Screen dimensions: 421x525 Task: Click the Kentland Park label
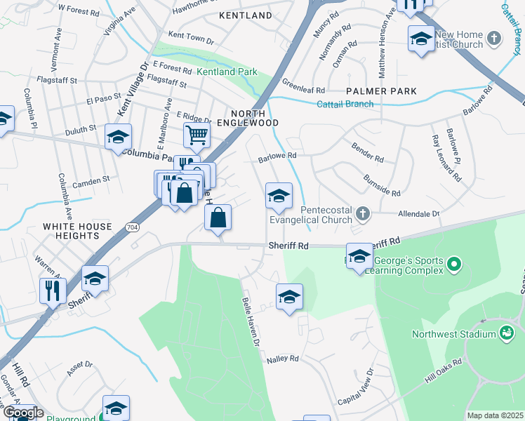(227, 72)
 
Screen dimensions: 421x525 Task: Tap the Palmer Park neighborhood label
(381, 91)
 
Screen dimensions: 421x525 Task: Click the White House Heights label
(77, 231)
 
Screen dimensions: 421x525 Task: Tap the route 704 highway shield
(132, 227)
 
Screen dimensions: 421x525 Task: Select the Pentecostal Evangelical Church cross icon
(362, 213)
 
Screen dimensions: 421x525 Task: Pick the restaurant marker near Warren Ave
(53, 290)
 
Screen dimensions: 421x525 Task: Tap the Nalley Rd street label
(282, 359)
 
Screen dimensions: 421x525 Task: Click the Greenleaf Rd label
(303, 91)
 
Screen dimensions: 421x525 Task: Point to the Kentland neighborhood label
(245, 15)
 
